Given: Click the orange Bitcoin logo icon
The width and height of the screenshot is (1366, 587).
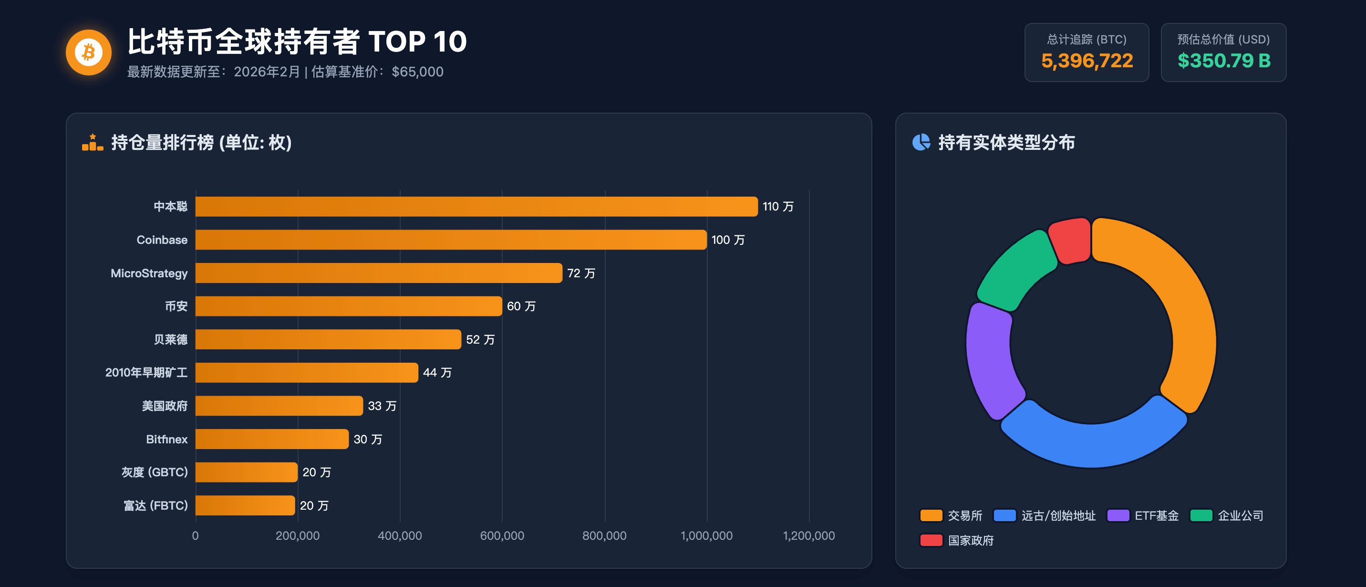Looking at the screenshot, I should [89, 52].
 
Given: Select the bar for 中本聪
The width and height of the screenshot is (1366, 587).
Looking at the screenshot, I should [476, 207].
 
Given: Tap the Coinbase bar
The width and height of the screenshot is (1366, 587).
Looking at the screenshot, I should [451, 240].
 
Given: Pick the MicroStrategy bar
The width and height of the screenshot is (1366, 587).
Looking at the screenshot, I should [379, 273].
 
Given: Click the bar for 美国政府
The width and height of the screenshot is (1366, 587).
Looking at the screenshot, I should [279, 406].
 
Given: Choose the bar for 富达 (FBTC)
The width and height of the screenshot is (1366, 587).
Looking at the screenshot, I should [245, 505].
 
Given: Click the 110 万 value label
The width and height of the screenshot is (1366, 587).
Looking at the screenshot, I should [778, 207].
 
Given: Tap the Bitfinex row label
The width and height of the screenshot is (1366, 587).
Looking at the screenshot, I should [166, 440].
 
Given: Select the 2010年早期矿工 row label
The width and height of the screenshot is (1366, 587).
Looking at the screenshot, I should [146, 373].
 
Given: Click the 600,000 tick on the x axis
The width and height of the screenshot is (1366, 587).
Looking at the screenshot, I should [502, 536].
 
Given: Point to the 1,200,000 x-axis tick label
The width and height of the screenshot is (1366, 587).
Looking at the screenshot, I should [808, 536].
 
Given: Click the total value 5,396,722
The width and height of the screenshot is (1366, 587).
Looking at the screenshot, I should [1087, 61].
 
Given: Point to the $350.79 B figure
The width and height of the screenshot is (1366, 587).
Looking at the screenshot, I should [1224, 61].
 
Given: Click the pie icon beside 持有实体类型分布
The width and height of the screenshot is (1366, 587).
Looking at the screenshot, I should [921, 142].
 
